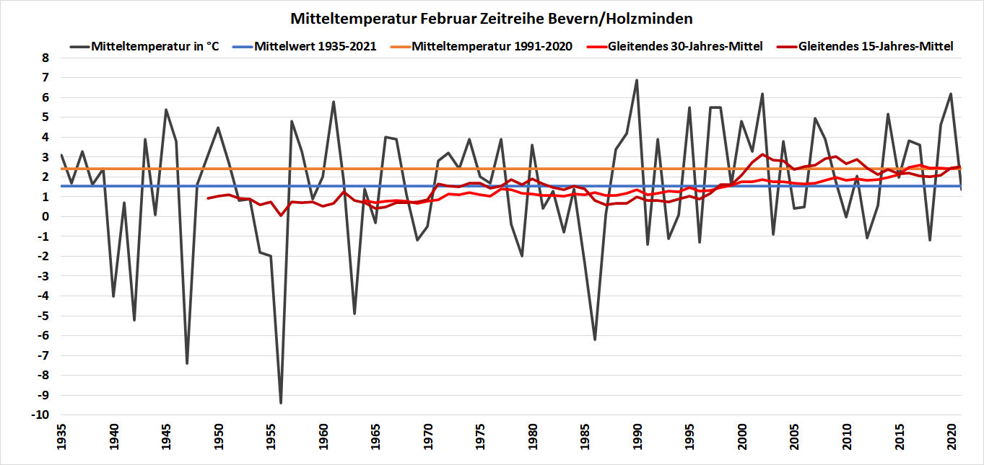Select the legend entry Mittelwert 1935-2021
click(x=315, y=46)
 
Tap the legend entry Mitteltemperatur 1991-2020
click(x=492, y=46)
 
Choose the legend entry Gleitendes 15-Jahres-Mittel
click(x=876, y=46)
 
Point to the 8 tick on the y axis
click(x=44, y=58)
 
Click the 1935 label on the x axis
click(x=61, y=438)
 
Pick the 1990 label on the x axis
click(x=637, y=438)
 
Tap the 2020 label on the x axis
click(x=952, y=438)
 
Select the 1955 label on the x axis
click(x=271, y=438)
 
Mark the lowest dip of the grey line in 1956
click(x=281, y=403)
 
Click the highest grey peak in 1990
click(x=637, y=80)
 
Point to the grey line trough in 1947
click(x=187, y=363)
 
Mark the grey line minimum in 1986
click(x=595, y=340)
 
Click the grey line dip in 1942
click(x=134, y=320)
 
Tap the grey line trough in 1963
click(x=354, y=314)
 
